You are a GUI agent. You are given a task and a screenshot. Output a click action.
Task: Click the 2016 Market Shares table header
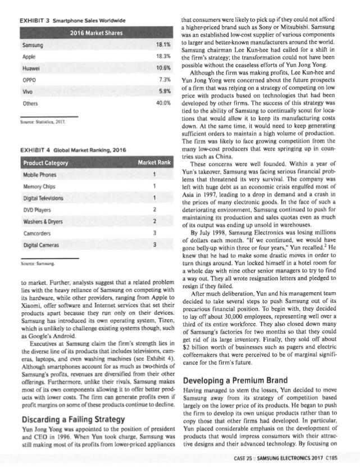(x=95, y=33)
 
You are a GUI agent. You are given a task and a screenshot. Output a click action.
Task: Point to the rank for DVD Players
(x=153, y=209)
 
